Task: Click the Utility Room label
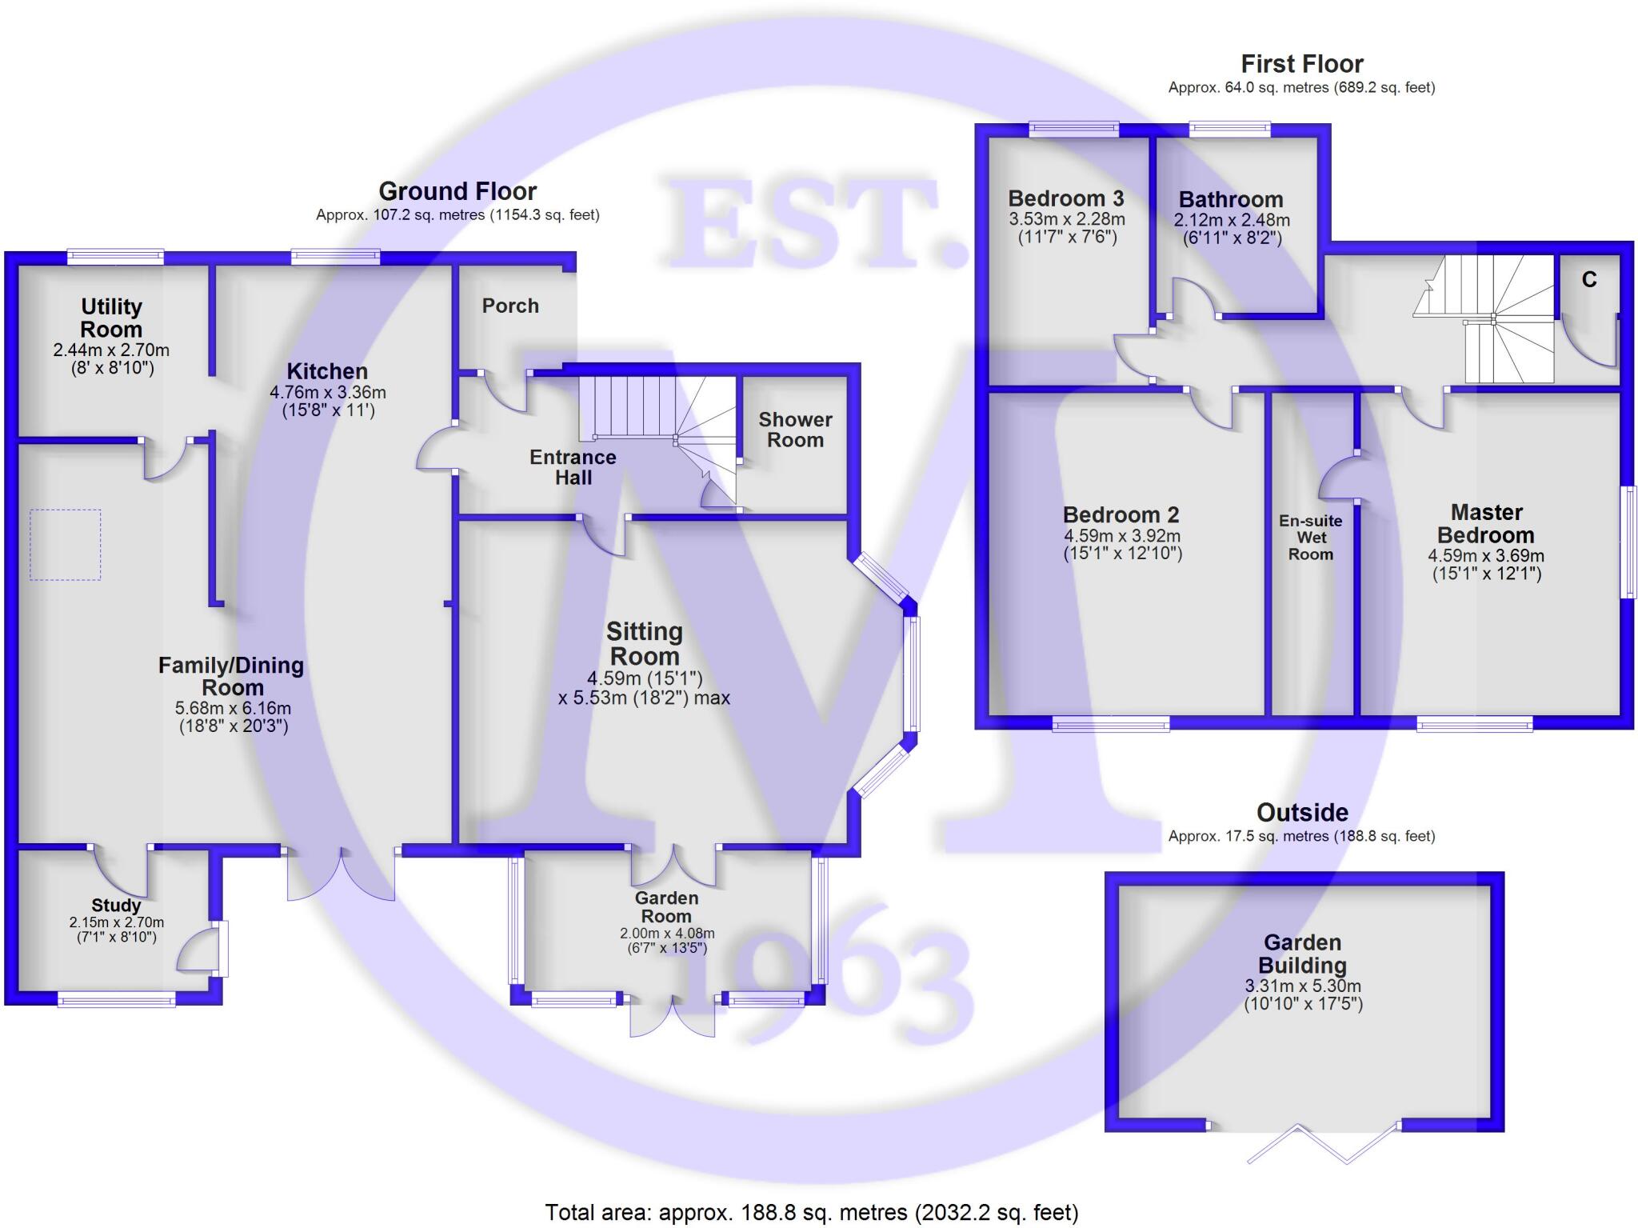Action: [x=111, y=318]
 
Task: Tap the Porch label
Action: [x=510, y=306]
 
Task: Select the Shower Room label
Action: [x=795, y=430]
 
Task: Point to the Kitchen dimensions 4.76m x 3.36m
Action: [x=328, y=393]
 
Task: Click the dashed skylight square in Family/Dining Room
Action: [x=66, y=544]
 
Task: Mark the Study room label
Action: [x=116, y=906]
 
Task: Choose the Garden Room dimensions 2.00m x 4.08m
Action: [x=667, y=934]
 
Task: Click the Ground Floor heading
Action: [x=457, y=191]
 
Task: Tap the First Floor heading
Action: [x=1301, y=64]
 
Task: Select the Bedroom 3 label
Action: [x=1066, y=198]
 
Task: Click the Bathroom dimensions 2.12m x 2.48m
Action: [x=1232, y=220]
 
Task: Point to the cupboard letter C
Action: [x=1589, y=280]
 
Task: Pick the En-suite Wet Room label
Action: [x=1310, y=538]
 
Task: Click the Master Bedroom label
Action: [x=1486, y=523]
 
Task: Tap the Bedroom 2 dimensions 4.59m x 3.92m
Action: [x=1122, y=537]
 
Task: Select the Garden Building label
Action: [x=1302, y=954]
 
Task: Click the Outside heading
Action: [x=1302, y=813]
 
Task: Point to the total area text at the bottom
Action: [x=812, y=1213]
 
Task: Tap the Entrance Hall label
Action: [x=573, y=467]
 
